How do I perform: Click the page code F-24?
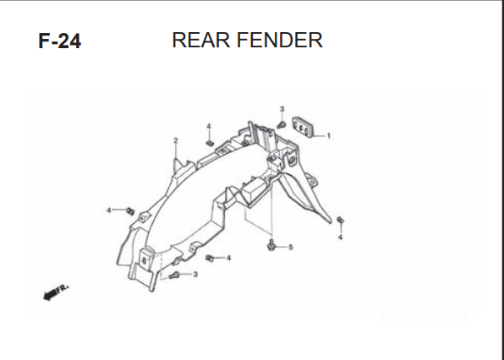point(60,41)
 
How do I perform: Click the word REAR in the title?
point(201,41)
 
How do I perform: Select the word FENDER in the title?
point(280,41)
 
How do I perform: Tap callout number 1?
point(328,136)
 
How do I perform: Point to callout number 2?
point(176,140)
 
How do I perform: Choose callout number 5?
point(291,247)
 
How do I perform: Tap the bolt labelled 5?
point(271,245)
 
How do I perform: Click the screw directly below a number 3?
point(282,124)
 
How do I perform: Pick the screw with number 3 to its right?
point(174,275)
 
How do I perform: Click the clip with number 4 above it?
point(210,143)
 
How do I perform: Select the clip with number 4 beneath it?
point(341,220)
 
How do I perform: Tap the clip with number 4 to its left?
point(130,211)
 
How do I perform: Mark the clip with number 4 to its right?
point(210,258)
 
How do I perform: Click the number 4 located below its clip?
point(340,237)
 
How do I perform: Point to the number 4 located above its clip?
point(209,126)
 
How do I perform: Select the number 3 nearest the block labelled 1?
point(282,109)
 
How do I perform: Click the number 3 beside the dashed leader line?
point(195,275)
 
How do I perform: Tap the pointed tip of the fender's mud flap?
point(330,222)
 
